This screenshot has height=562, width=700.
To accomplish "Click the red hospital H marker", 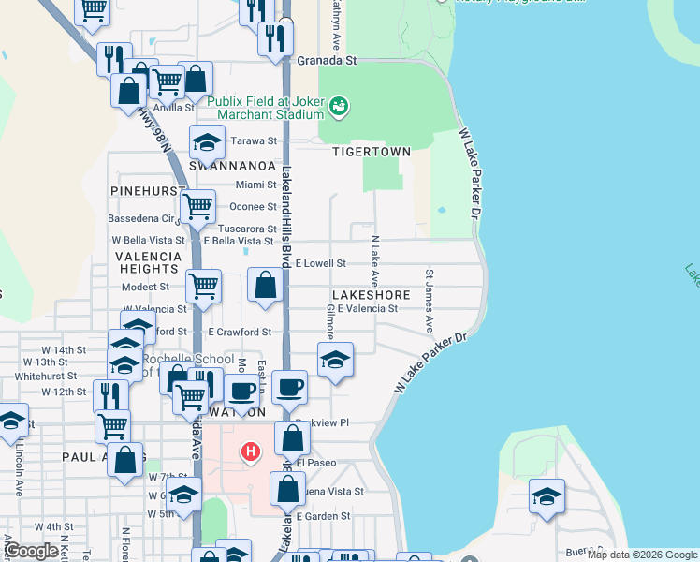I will click(250, 452).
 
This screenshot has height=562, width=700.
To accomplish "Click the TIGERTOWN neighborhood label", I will click(372, 152).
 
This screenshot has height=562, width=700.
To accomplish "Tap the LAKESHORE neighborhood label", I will click(371, 295).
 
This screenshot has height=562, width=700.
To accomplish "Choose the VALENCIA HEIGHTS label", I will click(148, 262).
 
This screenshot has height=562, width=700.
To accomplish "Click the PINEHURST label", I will click(147, 190).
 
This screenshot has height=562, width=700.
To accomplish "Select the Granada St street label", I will click(328, 60).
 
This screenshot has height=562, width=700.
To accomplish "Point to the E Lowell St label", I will click(321, 264).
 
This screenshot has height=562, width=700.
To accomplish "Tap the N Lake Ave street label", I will click(373, 261).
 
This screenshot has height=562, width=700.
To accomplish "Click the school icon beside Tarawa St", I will click(208, 141).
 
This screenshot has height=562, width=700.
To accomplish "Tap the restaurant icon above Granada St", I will click(275, 37).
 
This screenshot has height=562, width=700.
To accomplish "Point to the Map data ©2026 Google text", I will click(642, 555).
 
